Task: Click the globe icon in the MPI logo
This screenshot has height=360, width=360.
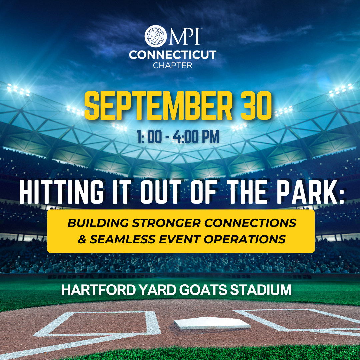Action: tap(156, 36)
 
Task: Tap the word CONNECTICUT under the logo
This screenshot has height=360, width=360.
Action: tap(173, 55)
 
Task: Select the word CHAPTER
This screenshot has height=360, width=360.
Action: tap(173, 66)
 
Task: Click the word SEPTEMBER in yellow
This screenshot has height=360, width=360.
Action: tap(158, 106)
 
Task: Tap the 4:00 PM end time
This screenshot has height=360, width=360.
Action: tap(196, 137)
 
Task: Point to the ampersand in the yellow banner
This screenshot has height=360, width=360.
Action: tap(82, 239)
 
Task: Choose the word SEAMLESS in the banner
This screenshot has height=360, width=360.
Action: tap(122, 239)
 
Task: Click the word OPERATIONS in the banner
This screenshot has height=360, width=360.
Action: tap(245, 239)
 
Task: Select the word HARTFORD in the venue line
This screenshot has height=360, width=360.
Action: tap(99, 290)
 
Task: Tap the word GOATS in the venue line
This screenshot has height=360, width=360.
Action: tap(203, 290)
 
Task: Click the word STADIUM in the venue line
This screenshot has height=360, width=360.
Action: tap(261, 290)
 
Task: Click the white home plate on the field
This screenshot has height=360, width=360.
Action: tap(212, 323)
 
